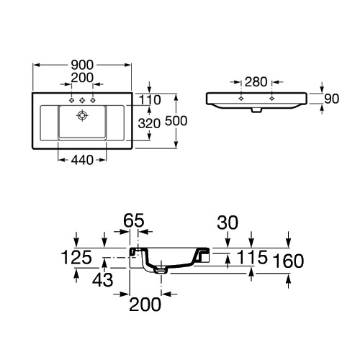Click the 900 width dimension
coord(82,65)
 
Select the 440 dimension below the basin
coord(82,160)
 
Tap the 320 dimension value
coord(149,124)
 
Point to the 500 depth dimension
coord(176,121)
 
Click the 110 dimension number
coord(150,100)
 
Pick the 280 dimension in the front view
coord(256,82)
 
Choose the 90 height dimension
coord(331,99)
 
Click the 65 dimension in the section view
coord(134,220)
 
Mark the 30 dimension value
coord(228,222)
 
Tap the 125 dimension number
coord(76,257)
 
